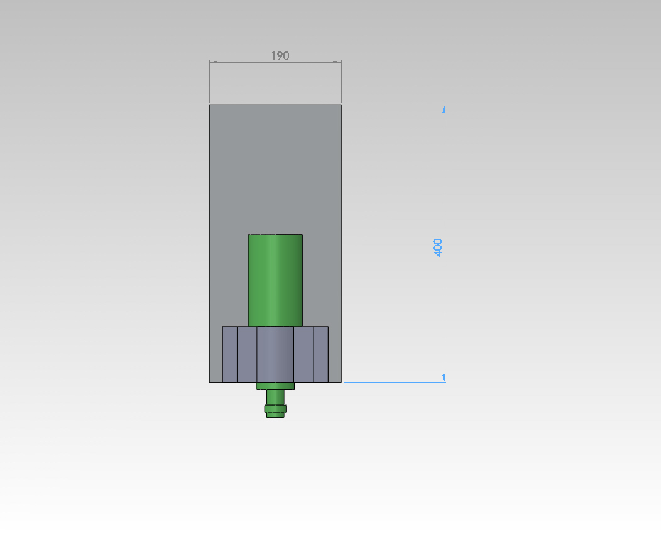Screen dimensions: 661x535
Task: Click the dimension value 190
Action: pos(280,56)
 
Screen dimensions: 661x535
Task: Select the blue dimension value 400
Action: pos(437,247)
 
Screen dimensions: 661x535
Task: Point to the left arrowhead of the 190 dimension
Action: pos(214,62)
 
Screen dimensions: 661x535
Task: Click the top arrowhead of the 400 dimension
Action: pos(444,109)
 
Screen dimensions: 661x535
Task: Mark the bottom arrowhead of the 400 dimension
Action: pos(444,378)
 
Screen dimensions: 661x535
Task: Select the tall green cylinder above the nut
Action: pos(275,280)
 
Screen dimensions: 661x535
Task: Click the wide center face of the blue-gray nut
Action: pos(275,354)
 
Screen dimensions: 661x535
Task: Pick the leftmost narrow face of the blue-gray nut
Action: pos(230,354)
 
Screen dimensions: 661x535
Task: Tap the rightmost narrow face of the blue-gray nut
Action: pos(321,354)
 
